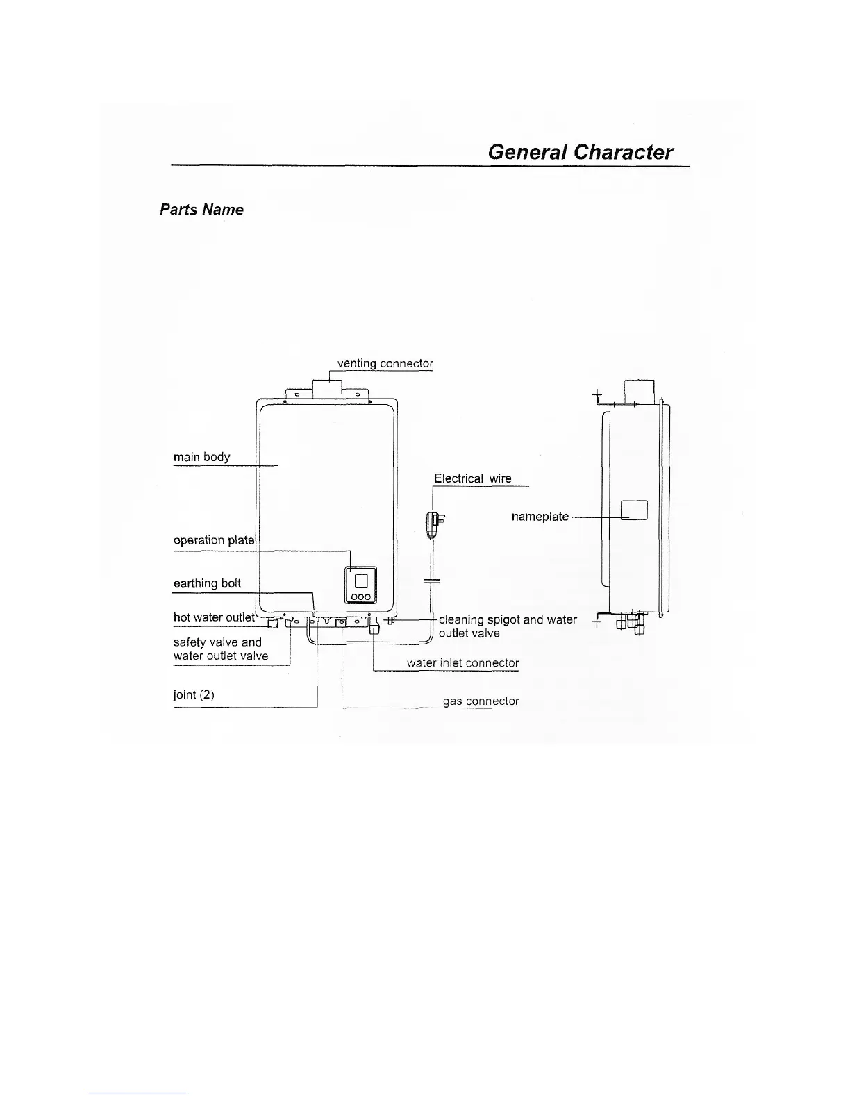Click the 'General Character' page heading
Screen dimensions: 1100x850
pyautogui.click(x=580, y=152)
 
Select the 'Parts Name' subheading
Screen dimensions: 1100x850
pyautogui.click(x=201, y=210)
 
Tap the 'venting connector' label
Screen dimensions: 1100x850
pyautogui.click(x=385, y=363)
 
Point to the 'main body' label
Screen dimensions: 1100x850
pyautogui.click(x=201, y=457)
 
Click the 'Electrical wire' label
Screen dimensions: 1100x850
pyautogui.click(x=472, y=478)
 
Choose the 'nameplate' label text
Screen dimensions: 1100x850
pyautogui.click(x=540, y=517)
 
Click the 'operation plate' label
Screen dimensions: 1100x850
pyautogui.click(x=214, y=540)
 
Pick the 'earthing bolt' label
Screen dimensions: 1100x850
pyautogui.click(x=207, y=583)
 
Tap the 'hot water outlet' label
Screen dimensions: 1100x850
pyautogui.click(x=214, y=617)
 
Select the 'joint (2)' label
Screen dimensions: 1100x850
pyautogui.click(x=193, y=694)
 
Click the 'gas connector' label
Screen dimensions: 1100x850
pyautogui.click(x=481, y=701)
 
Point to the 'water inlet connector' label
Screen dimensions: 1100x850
pyautogui.click(x=462, y=662)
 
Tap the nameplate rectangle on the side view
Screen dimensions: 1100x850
pyautogui.click(x=633, y=510)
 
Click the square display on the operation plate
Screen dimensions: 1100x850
pyautogui.click(x=361, y=578)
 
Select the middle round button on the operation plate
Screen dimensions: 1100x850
pyautogui.click(x=361, y=597)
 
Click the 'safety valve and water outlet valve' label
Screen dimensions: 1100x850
pyautogui.click(x=220, y=649)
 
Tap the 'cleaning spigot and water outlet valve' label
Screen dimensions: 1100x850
pyautogui.click(x=507, y=626)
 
